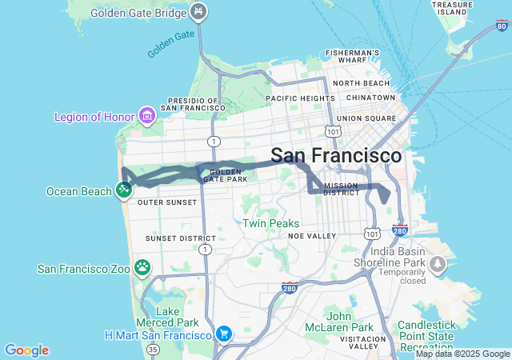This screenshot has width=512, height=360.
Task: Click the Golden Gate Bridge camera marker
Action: click(x=199, y=13)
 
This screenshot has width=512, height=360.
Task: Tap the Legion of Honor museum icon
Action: click(x=147, y=117)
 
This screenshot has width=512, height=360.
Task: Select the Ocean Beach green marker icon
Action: click(x=123, y=190)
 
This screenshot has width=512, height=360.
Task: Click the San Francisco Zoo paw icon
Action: click(x=142, y=268)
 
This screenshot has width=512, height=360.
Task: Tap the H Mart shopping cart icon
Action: click(x=224, y=333)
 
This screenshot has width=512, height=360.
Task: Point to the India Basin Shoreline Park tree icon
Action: click(x=437, y=263)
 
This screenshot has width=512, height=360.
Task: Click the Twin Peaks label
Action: click(x=270, y=223)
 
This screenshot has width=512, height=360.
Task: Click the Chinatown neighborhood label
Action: click(x=370, y=98)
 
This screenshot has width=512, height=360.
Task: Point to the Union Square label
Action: click(x=366, y=118)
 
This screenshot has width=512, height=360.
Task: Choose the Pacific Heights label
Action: click(x=300, y=98)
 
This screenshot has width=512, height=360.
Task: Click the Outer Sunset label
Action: click(x=167, y=202)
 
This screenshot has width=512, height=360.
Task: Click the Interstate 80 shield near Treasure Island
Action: click(x=502, y=26)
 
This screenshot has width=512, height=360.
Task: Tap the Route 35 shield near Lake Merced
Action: click(x=153, y=349)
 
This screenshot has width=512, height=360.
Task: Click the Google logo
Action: click(x=26, y=350)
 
